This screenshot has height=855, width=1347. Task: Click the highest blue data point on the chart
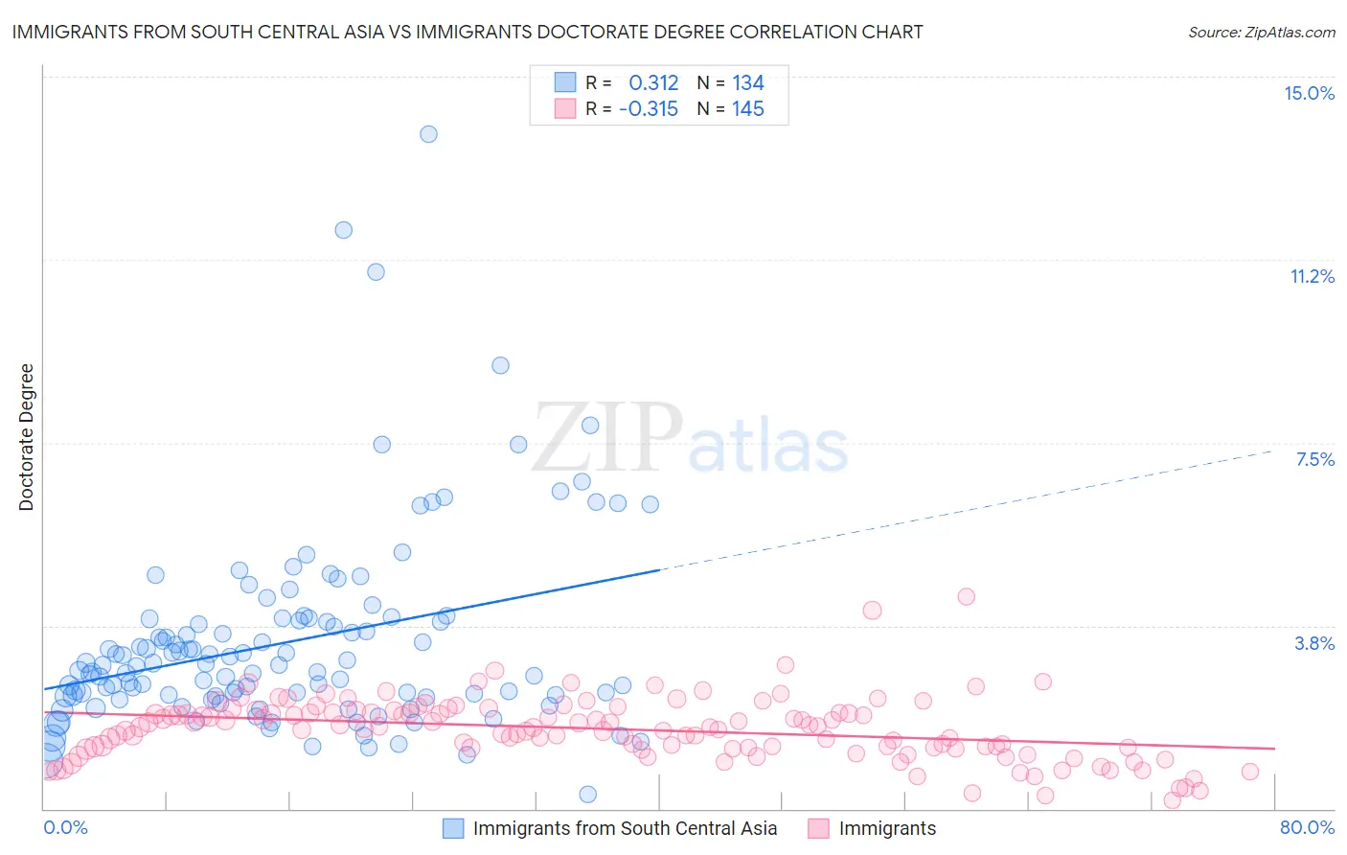(428, 134)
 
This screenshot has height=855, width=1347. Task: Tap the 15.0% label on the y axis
(1309, 93)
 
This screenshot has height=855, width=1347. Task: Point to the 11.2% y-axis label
(1312, 276)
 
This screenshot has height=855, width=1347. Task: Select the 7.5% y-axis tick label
(1314, 459)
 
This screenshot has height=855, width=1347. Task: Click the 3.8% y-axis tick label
(1314, 643)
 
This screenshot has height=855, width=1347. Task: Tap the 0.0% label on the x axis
(65, 827)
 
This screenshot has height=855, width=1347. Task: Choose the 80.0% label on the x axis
(1307, 827)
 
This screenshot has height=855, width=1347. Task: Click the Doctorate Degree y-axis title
(26, 437)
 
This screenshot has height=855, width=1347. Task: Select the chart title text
(468, 32)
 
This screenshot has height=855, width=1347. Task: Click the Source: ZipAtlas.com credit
(1261, 33)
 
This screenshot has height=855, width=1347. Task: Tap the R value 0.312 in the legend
(653, 82)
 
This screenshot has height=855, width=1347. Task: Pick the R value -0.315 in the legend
(649, 109)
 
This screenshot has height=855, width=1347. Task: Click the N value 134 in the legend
(748, 82)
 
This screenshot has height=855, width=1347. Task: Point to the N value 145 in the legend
(748, 109)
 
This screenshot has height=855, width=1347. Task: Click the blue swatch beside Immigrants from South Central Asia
(453, 828)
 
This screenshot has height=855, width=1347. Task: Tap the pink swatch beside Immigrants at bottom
(818, 828)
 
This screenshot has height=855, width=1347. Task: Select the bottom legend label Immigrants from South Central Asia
(625, 828)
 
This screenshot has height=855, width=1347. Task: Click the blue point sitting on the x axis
(588, 794)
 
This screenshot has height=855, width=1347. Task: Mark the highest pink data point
(966, 596)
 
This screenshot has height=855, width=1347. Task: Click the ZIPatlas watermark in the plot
(690, 439)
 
